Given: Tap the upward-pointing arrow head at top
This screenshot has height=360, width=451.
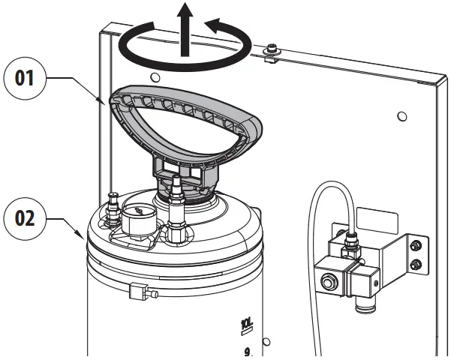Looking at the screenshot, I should [184, 13].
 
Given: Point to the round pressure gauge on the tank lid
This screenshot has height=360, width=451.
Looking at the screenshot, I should [136, 221].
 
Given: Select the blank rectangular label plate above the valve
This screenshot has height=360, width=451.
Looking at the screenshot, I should [379, 218].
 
